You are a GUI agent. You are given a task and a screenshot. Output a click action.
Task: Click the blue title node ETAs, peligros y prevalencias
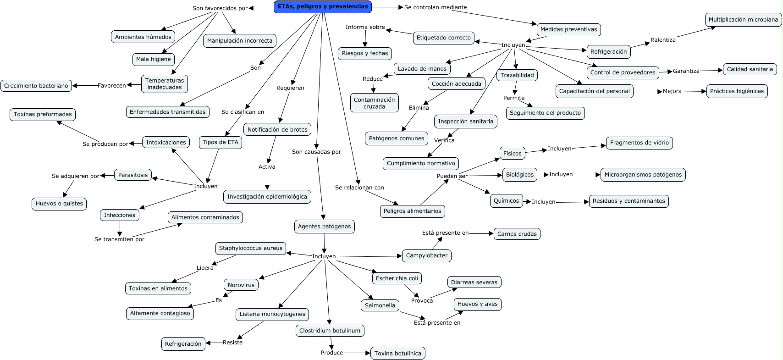[323, 7]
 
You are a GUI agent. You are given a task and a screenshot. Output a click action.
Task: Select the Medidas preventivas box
[568, 29]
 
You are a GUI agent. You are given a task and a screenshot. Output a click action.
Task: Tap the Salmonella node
[380, 305]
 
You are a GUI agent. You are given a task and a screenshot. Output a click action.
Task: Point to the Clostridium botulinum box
[330, 331]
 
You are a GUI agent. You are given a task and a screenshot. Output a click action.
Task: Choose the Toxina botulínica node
[397, 353]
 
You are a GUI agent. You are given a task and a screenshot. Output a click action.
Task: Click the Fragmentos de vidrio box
[639, 143]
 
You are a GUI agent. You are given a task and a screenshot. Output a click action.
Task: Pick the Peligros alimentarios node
[412, 211]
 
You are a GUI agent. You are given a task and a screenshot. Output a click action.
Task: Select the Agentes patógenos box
[324, 227]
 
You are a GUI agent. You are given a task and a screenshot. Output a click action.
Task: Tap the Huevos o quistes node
[59, 204]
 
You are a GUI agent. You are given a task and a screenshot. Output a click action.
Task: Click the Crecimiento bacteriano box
[36, 86]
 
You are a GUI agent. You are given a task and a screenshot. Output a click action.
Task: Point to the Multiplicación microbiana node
[743, 20]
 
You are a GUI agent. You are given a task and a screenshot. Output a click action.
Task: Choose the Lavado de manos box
[422, 69]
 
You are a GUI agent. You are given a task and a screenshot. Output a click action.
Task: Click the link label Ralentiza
[663, 40]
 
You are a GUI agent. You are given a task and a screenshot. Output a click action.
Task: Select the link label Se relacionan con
[359, 188]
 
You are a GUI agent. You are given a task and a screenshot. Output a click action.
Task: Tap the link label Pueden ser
[452, 176]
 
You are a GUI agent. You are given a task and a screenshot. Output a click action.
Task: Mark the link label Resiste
[232, 343]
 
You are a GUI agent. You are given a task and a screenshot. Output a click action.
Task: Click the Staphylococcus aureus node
[250, 248]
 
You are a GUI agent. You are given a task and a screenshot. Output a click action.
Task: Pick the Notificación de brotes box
[277, 130]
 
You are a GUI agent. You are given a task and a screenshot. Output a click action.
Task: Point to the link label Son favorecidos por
[220, 8]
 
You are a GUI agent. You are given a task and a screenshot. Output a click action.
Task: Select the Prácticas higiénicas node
[737, 91]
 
